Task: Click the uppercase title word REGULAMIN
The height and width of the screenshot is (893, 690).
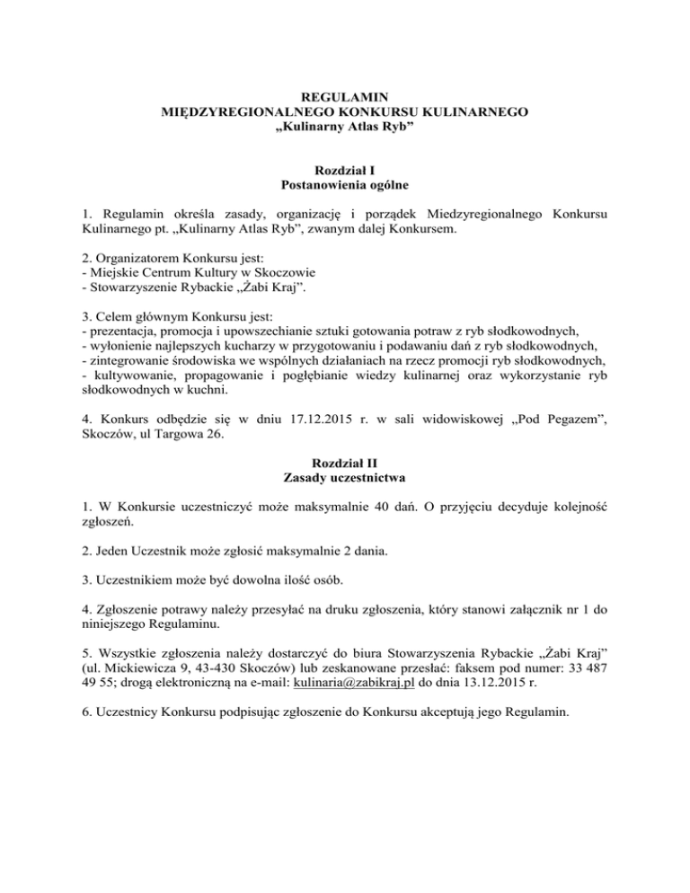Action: click(345, 96)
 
